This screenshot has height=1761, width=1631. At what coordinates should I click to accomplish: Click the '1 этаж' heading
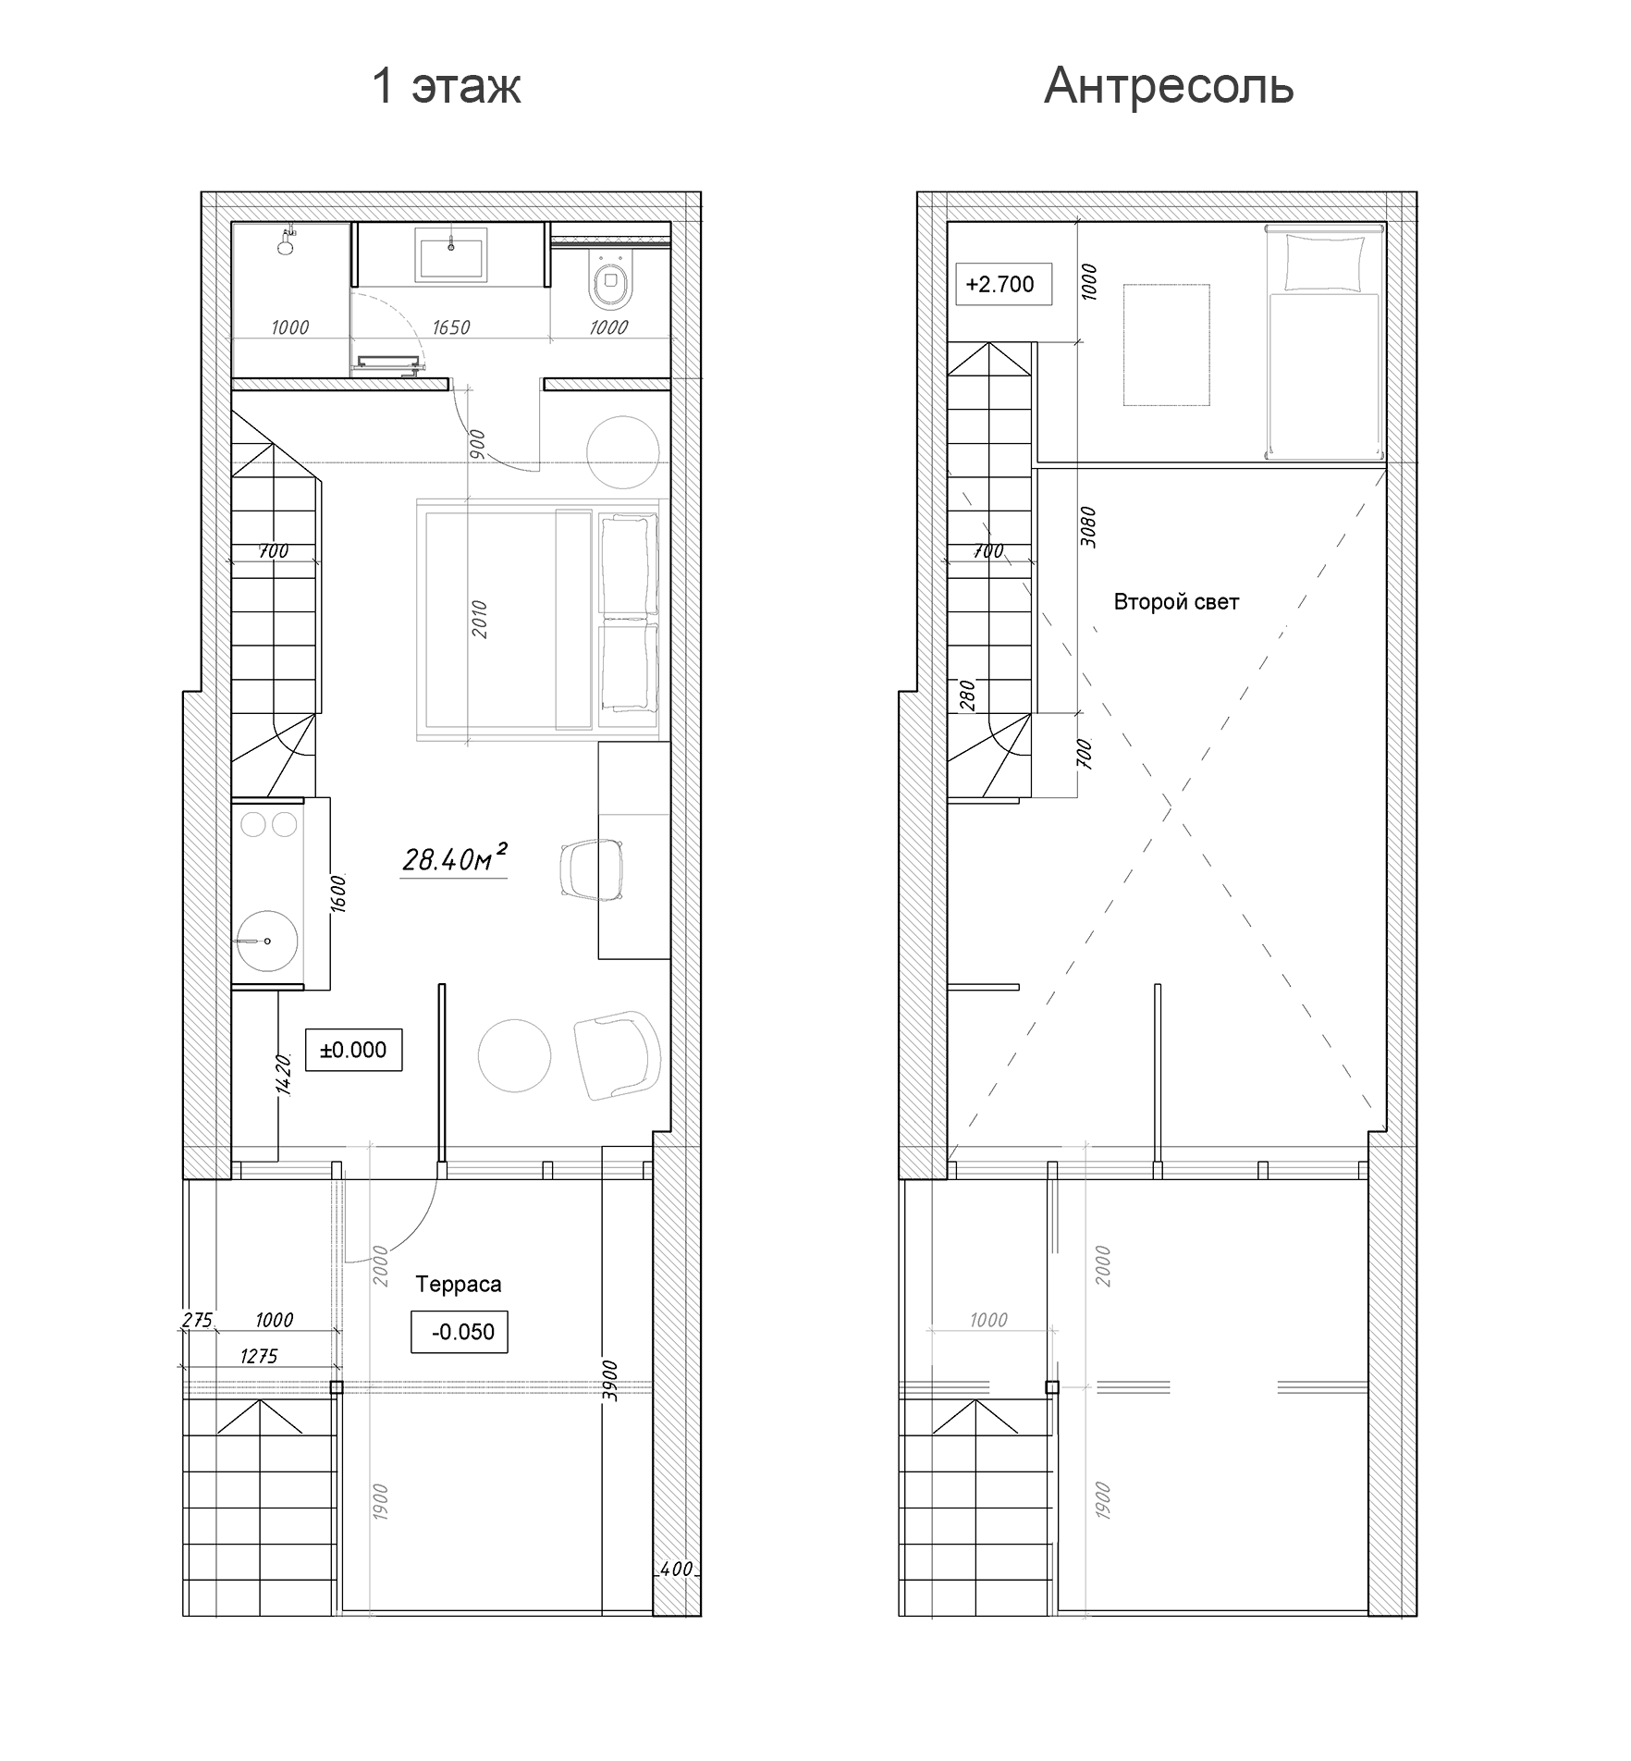(x=447, y=86)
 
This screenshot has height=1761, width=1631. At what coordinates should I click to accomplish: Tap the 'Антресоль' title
(x=1169, y=86)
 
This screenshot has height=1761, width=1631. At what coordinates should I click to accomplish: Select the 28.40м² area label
(x=455, y=859)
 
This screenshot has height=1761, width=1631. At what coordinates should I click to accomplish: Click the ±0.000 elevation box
(x=353, y=1050)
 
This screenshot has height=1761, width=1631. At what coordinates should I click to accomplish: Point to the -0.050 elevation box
(x=460, y=1332)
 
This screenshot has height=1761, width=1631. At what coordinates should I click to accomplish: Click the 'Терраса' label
(x=459, y=1284)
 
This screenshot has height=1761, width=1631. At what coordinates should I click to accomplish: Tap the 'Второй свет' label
(x=1176, y=602)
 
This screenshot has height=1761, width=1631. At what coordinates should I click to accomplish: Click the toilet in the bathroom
(x=610, y=285)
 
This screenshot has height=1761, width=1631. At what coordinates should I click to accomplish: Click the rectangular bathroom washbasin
(x=451, y=258)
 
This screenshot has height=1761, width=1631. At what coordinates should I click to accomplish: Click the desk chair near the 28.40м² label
(x=593, y=869)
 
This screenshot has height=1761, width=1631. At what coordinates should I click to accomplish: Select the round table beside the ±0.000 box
(x=515, y=1055)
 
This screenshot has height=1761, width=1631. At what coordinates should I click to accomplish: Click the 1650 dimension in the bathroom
(x=451, y=327)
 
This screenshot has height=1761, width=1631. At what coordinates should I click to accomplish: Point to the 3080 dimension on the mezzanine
(x=1088, y=527)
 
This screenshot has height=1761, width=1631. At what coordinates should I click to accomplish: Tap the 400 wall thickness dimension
(x=677, y=1569)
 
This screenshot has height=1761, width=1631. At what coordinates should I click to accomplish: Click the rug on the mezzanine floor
(x=1167, y=345)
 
